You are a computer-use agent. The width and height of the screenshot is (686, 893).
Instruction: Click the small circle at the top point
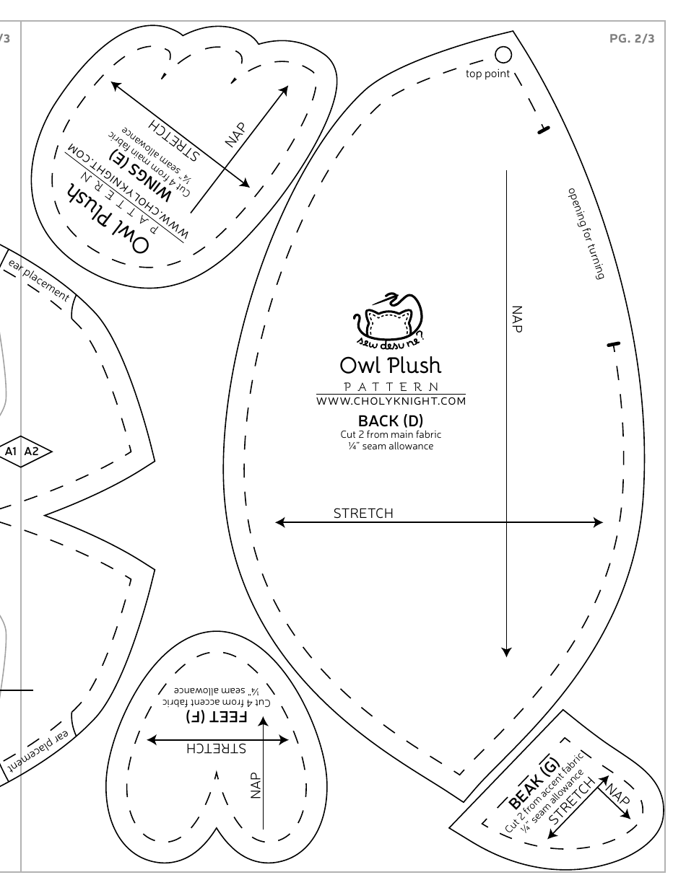[x=503, y=54]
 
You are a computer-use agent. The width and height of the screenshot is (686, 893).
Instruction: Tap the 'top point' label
[x=487, y=74]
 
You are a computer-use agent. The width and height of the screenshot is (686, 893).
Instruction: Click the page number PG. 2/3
[x=632, y=39]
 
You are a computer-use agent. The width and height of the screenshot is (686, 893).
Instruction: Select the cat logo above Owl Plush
[x=388, y=320]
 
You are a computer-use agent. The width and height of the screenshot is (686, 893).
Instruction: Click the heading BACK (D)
[x=390, y=421]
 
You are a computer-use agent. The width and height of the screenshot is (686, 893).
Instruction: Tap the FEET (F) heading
[x=217, y=717]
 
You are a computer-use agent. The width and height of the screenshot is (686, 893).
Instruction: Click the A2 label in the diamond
[x=31, y=452]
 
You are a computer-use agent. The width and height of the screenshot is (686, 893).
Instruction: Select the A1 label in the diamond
[x=11, y=452]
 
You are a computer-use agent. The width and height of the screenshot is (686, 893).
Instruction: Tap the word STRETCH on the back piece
[x=363, y=514]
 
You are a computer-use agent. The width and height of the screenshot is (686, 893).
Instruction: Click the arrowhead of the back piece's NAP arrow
[x=506, y=652]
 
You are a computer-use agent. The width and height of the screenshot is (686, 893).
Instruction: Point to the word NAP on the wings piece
[x=235, y=135]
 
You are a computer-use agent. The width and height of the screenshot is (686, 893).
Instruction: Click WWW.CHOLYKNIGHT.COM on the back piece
[x=391, y=401]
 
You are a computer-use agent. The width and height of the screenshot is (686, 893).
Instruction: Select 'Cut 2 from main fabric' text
[x=390, y=434]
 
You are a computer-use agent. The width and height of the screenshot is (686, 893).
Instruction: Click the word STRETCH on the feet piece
[x=217, y=748]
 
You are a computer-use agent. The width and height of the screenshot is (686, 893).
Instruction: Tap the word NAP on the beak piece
[x=617, y=794]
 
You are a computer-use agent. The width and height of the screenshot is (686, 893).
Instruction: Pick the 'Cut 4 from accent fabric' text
[x=217, y=702]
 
